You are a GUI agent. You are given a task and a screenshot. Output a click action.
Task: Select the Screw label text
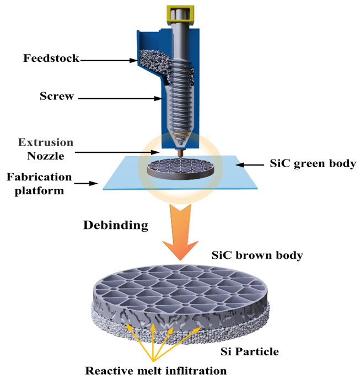[56, 97]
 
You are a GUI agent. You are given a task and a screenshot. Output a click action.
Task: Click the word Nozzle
[45, 156]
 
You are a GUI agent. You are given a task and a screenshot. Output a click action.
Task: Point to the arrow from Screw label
[119, 99]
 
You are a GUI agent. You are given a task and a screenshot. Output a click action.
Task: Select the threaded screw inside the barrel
[180, 99]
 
